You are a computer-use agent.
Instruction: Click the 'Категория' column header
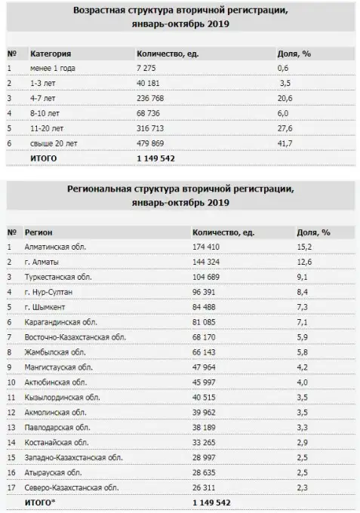[51, 54]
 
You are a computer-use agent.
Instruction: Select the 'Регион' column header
[38, 232]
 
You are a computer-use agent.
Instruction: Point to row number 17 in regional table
[11, 487]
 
